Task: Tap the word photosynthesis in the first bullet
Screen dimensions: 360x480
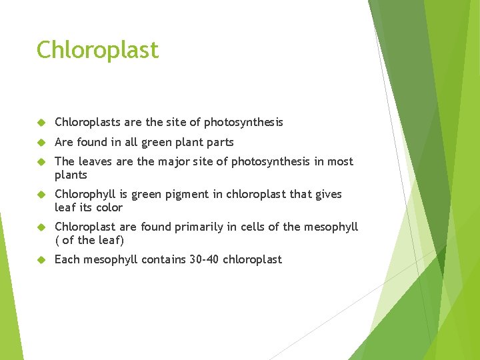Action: pyautogui.click(x=243, y=122)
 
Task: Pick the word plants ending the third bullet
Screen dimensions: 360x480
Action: pyautogui.click(x=71, y=175)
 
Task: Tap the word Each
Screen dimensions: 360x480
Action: pyautogui.click(x=67, y=259)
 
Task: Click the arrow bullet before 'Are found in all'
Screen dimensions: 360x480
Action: pyautogui.click(x=41, y=143)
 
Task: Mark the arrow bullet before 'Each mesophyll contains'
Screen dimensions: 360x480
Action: pyautogui.click(x=41, y=260)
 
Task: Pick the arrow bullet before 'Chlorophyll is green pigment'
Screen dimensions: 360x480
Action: pyautogui.click(x=41, y=195)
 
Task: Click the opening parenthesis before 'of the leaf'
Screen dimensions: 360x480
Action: pyautogui.click(x=57, y=240)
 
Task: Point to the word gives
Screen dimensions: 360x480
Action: pyautogui.click(x=327, y=194)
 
